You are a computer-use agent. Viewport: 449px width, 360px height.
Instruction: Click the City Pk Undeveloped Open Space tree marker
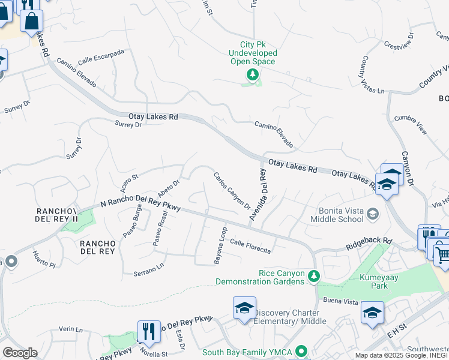click(x=253, y=74)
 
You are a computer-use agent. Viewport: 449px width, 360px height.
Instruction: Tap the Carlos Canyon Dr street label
click(x=232, y=191)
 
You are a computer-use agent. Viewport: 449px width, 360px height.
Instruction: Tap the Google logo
click(x=20, y=352)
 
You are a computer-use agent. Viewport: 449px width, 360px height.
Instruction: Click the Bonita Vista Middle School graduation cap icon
click(x=373, y=214)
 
